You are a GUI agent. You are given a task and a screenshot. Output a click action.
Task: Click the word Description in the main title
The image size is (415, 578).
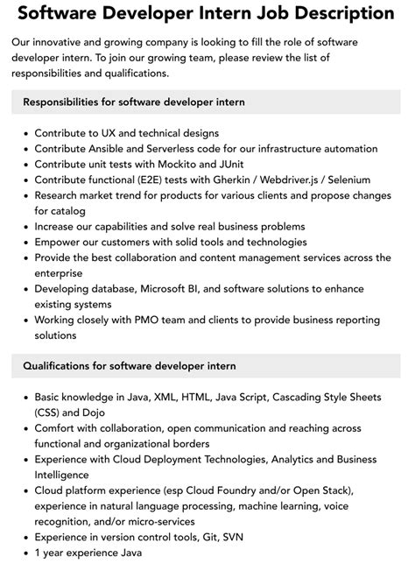336,13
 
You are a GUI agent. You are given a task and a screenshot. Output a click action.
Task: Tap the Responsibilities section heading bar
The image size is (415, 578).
207,102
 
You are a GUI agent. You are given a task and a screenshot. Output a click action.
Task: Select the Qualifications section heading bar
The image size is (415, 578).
207,365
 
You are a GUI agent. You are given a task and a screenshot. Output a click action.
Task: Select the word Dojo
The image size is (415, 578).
104,412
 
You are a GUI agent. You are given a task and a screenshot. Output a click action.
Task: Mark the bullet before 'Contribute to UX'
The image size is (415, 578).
24,133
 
